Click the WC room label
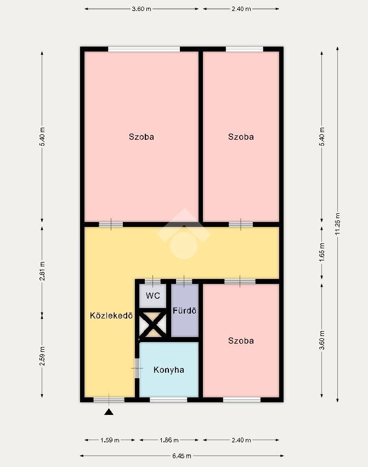click(153, 296)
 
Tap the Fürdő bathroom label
click(184, 311)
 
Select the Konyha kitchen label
click(169, 370)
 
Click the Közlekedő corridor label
click(111, 315)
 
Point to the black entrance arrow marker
click(109, 412)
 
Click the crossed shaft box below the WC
click(153, 324)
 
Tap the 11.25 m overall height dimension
click(338, 224)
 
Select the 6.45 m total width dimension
click(182, 455)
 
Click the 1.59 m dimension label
click(110, 440)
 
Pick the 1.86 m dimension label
click(169, 440)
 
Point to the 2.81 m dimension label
click(42, 271)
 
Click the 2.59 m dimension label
click(42, 356)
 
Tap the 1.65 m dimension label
click(322, 253)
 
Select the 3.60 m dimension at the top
click(141, 9)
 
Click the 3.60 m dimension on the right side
click(322, 340)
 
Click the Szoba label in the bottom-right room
click(241, 341)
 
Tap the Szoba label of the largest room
click(141, 136)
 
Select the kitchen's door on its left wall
click(137, 368)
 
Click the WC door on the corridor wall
click(152, 281)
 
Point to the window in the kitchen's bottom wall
click(168, 400)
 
